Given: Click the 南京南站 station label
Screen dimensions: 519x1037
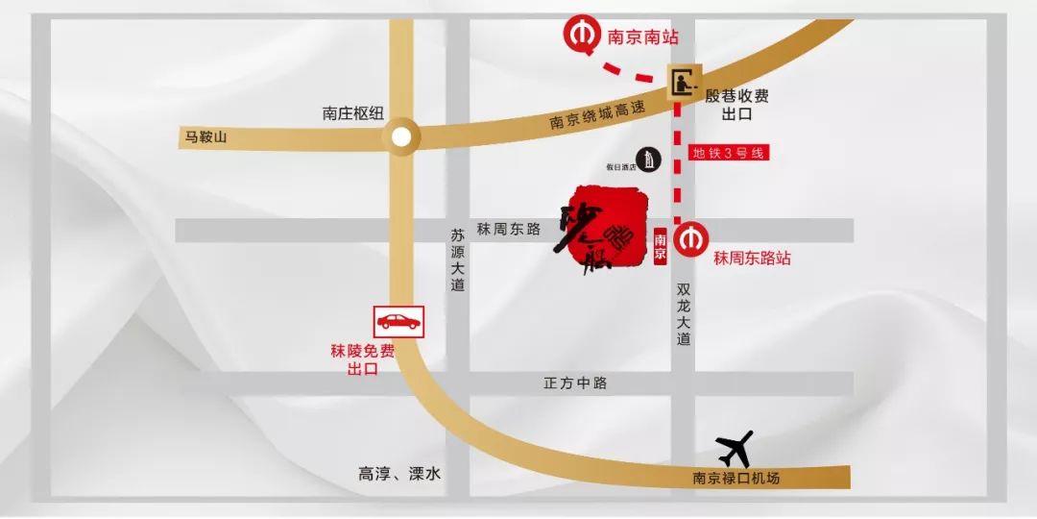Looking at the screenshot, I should [x=642, y=37].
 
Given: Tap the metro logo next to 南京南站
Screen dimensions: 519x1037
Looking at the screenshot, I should [x=581, y=36].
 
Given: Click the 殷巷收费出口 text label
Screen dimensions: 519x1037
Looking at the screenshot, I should [x=736, y=105].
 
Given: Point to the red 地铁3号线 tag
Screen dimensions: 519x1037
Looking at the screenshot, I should [x=730, y=152].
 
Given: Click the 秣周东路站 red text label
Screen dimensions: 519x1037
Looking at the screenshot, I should [x=752, y=259].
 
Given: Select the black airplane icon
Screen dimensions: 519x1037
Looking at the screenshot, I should [x=736, y=448].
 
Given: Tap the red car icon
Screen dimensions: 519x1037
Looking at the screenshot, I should [x=398, y=321].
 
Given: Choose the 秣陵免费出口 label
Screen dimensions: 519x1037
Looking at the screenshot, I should [x=362, y=360].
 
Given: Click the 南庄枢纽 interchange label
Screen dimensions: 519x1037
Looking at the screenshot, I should [x=352, y=113].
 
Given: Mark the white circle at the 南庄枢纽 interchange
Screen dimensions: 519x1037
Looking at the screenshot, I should [x=401, y=137].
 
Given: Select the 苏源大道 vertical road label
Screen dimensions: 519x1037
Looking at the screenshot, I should [x=457, y=259].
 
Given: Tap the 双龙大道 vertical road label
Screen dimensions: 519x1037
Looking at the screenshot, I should [x=683, y=313].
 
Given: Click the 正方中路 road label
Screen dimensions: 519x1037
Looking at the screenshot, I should [x=575, y=383].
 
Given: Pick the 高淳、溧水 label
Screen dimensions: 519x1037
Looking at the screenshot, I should [x=399, y=474].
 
